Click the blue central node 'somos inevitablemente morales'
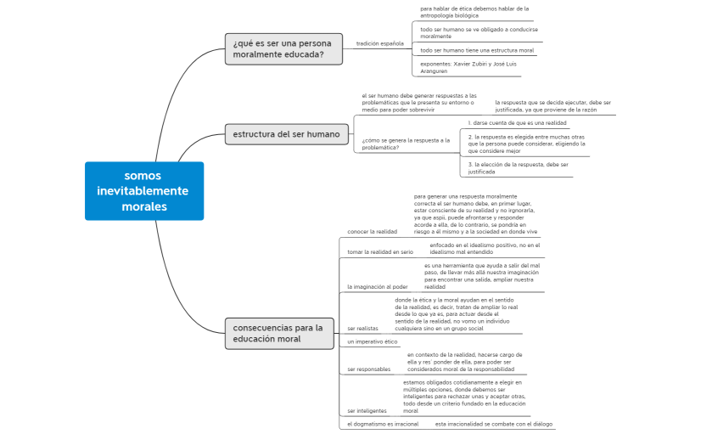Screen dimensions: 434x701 tap(144, 191)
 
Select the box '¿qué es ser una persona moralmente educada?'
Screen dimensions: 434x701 tap(283, 49)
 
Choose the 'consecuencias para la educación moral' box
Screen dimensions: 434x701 tap(278, 333)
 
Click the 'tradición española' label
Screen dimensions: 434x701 tap(379, 43)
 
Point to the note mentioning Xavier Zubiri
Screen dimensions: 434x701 tap(468, 67)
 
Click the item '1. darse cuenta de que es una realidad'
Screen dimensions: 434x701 tap(517, 122)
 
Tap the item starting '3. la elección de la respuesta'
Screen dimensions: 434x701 tap(518, 168)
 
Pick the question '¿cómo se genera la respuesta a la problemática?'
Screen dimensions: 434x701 tap(406, 144)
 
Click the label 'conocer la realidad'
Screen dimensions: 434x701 tap(372, 231)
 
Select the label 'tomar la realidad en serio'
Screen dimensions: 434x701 tap(380, 252)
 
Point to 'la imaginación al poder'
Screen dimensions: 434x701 tap(377, 287)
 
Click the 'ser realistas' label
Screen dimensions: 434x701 tap(362, 328)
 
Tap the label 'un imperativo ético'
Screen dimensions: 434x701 tap(372, 341)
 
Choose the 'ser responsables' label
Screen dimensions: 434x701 tap(369, 369)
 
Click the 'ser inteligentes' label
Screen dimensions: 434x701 tap(367, 411)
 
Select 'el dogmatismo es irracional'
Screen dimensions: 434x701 tap(383, 424)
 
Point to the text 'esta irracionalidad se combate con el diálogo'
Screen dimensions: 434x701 tap(493, 424)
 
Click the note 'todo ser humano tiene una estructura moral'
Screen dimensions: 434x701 tap(477, 50)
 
